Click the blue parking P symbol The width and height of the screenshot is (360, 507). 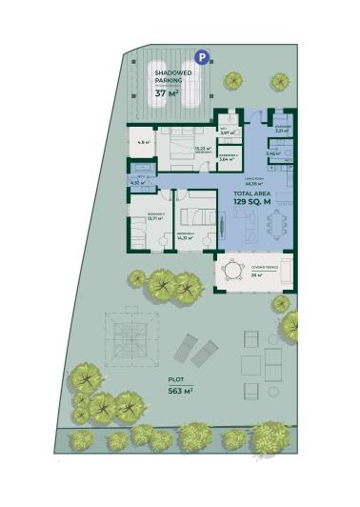[x=200, y=56]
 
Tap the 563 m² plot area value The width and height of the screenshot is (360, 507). [x=180, y=391]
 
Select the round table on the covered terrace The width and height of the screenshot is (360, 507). [x=232, y=272]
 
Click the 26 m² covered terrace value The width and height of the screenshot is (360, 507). [x=257, y=275]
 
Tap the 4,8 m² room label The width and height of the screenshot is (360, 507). [x=142, y=143]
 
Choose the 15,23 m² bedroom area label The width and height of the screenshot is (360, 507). [x=202, y=149]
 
